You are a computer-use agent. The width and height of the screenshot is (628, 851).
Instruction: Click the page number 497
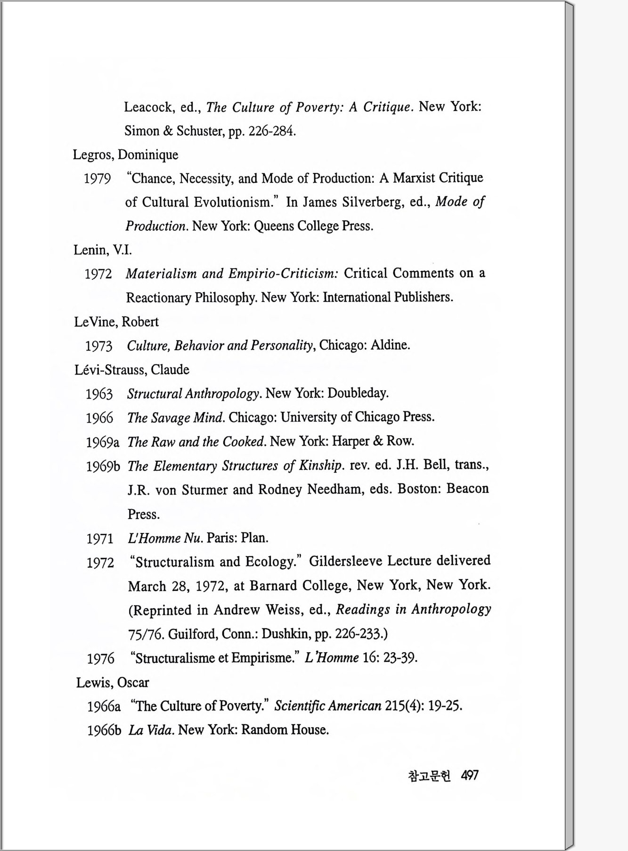(x=470, y=775)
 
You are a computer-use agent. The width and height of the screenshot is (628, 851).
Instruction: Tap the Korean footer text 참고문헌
(x=429, y=776)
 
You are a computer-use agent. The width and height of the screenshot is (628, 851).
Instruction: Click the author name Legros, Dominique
(x=125, y=155)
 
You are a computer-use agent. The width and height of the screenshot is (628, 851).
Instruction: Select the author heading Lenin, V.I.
(x=103, y=250)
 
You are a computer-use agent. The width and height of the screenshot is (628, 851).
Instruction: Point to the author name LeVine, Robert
(x=116, y=322)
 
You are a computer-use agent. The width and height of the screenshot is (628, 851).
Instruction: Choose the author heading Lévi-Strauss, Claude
(x=132, y=369)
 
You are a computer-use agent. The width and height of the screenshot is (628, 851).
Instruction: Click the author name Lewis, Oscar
(x=113, y=682)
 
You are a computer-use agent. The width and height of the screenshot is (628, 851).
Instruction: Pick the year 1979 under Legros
(x=98, y=179)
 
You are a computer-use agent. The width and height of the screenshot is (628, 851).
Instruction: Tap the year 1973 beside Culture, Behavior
(x=99, y=346)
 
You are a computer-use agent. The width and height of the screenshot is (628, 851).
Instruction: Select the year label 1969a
(x=102, y=442)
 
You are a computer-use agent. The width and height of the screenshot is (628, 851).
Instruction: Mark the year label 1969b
(x=103, y=466)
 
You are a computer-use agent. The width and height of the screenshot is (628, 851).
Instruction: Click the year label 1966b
(x=104, y=731)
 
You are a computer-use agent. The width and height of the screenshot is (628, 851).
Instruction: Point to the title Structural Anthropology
(x=193, y=393)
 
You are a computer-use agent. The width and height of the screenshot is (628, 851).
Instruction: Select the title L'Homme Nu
(x=165, y=538)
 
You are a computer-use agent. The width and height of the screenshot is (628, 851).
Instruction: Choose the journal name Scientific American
(x=327, y=706)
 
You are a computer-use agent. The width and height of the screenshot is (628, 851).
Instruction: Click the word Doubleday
(x=358, y=393)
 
